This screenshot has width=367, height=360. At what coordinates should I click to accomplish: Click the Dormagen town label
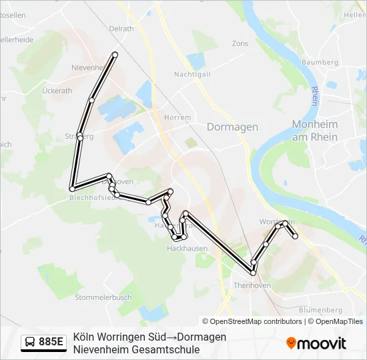232,127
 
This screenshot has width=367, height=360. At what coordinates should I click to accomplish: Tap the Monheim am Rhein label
314,131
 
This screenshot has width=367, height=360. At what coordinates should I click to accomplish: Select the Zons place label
240,43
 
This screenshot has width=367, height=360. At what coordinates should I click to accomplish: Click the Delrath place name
121,29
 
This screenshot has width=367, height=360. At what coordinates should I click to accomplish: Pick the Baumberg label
320,62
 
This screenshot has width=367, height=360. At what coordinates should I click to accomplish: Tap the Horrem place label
177,117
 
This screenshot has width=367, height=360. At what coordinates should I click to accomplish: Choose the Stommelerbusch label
103,297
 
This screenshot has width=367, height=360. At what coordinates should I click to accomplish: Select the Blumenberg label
321,310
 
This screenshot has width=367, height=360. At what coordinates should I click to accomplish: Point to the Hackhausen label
187,248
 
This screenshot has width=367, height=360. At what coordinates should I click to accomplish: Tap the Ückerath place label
57,90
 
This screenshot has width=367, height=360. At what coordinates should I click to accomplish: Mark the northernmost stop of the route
115,54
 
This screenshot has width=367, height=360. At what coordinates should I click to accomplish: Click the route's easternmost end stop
295,235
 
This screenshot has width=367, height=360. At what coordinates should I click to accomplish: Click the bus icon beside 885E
31,343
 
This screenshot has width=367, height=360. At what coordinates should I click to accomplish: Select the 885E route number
51,343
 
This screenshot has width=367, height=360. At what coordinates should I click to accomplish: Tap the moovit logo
316,343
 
